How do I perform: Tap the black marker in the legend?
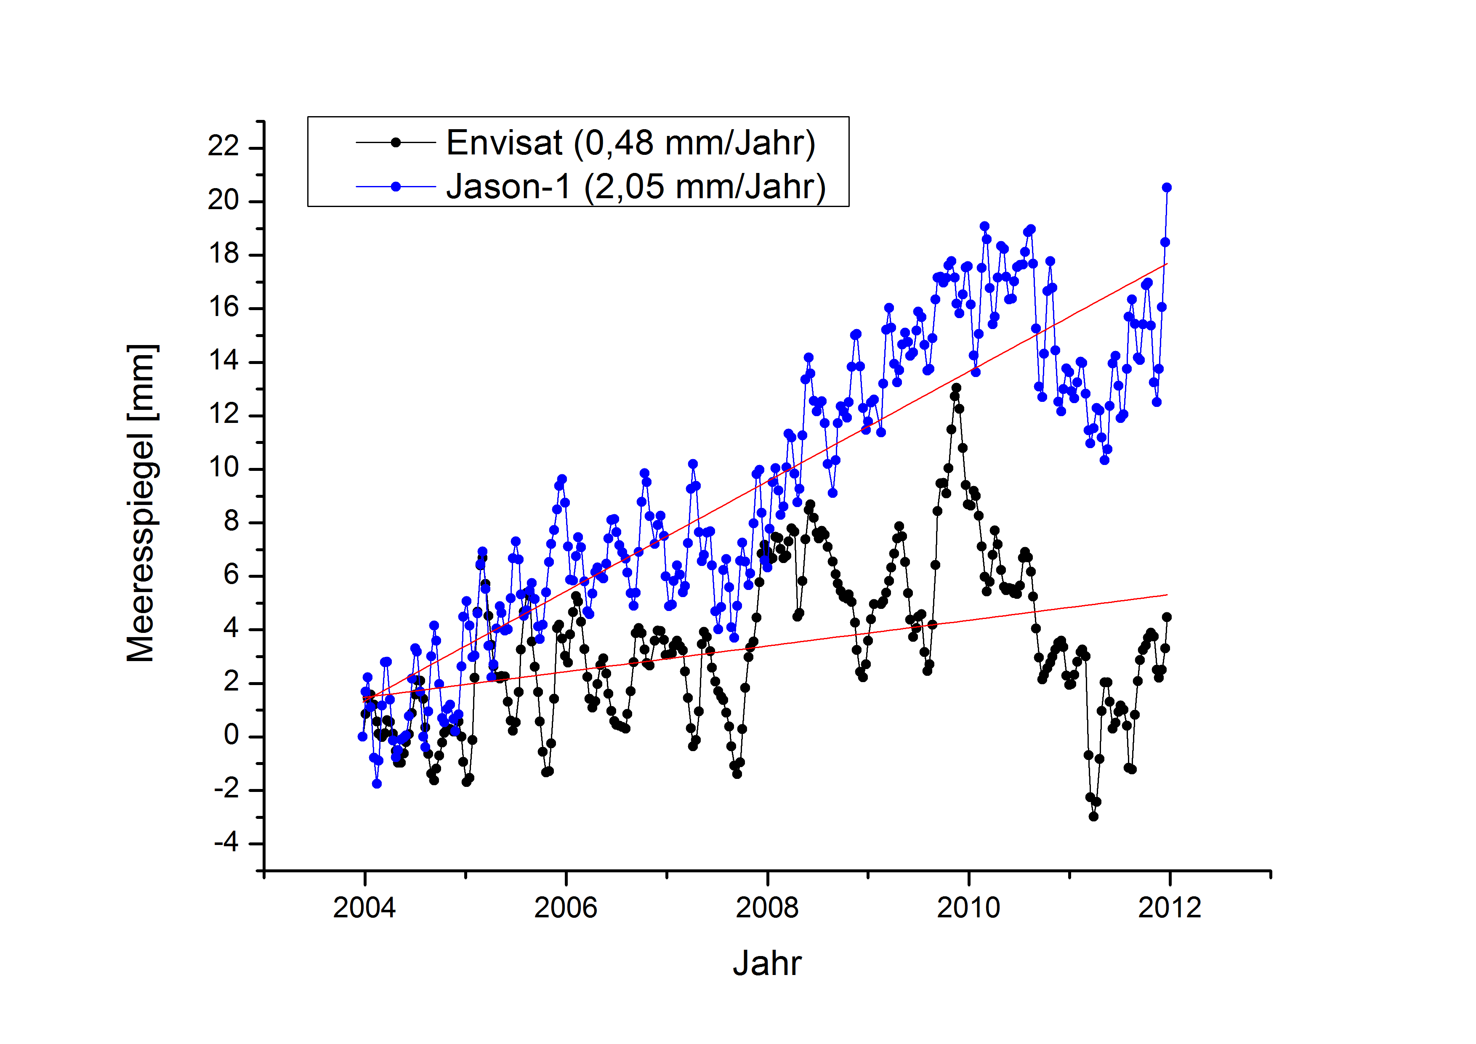[x=396, y=143]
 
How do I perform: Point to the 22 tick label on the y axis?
[x=223, y=147]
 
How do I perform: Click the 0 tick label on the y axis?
[x=231, y=736]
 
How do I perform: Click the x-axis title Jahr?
[x=767, y=964]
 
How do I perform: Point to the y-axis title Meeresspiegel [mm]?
[x=141, y=503]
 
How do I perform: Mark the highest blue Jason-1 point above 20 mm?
[x=1167, y=188]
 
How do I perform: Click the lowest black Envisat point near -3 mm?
[x=1093, y=816]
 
